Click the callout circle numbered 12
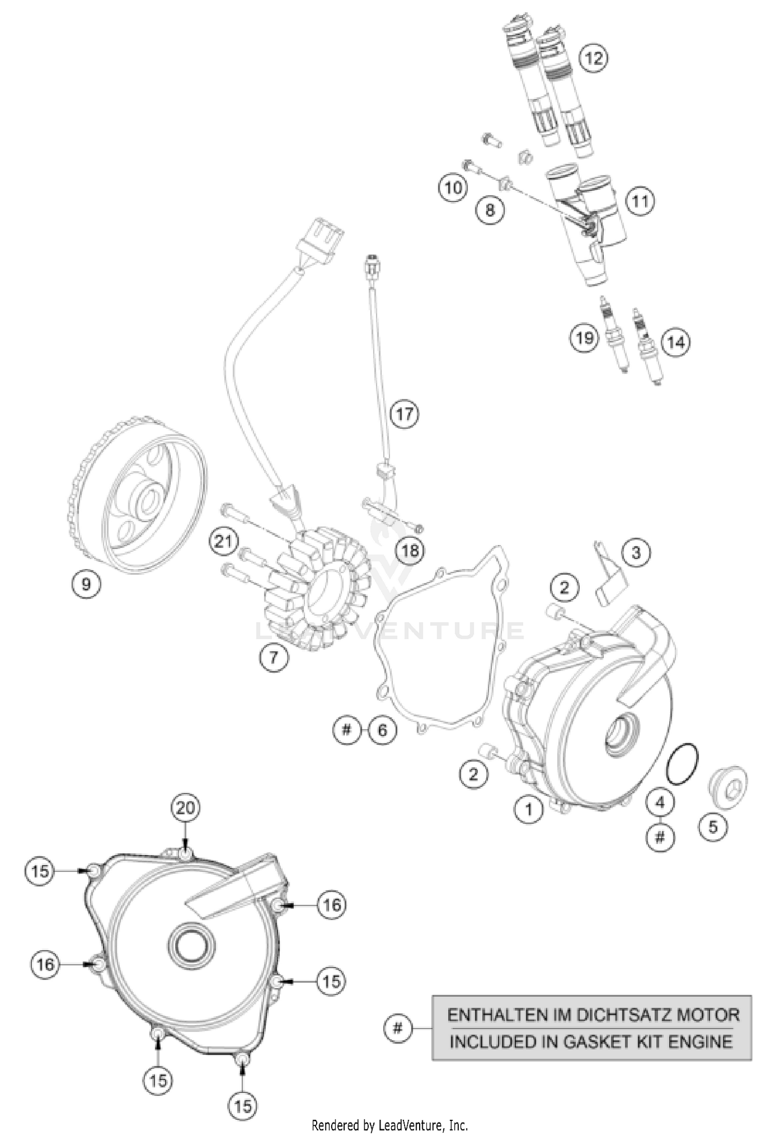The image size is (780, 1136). [593, 57]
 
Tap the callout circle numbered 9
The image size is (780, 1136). [86, 584]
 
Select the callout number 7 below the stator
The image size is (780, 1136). [273, 657]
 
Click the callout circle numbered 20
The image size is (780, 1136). [186, 808]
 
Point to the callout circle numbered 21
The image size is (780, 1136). [223, 542]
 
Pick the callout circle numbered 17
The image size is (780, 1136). [405, 414]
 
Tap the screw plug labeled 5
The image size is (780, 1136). [728, 785]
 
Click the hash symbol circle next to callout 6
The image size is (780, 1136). [347, 730]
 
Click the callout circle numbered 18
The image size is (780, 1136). [410, 549]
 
